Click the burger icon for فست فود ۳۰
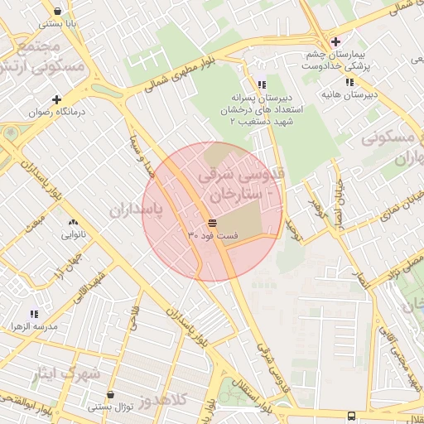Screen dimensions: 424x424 click(213, 224)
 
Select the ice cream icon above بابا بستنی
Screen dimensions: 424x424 click(57, 12)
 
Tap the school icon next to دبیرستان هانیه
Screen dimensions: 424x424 click(350, 82)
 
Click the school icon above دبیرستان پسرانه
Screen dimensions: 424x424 click(262, 84)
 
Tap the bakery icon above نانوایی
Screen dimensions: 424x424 click(73, 222)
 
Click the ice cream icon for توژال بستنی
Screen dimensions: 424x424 click(110, 395)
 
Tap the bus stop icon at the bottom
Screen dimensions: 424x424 click(351, 416)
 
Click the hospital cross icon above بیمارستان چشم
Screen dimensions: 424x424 click(335, 41)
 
